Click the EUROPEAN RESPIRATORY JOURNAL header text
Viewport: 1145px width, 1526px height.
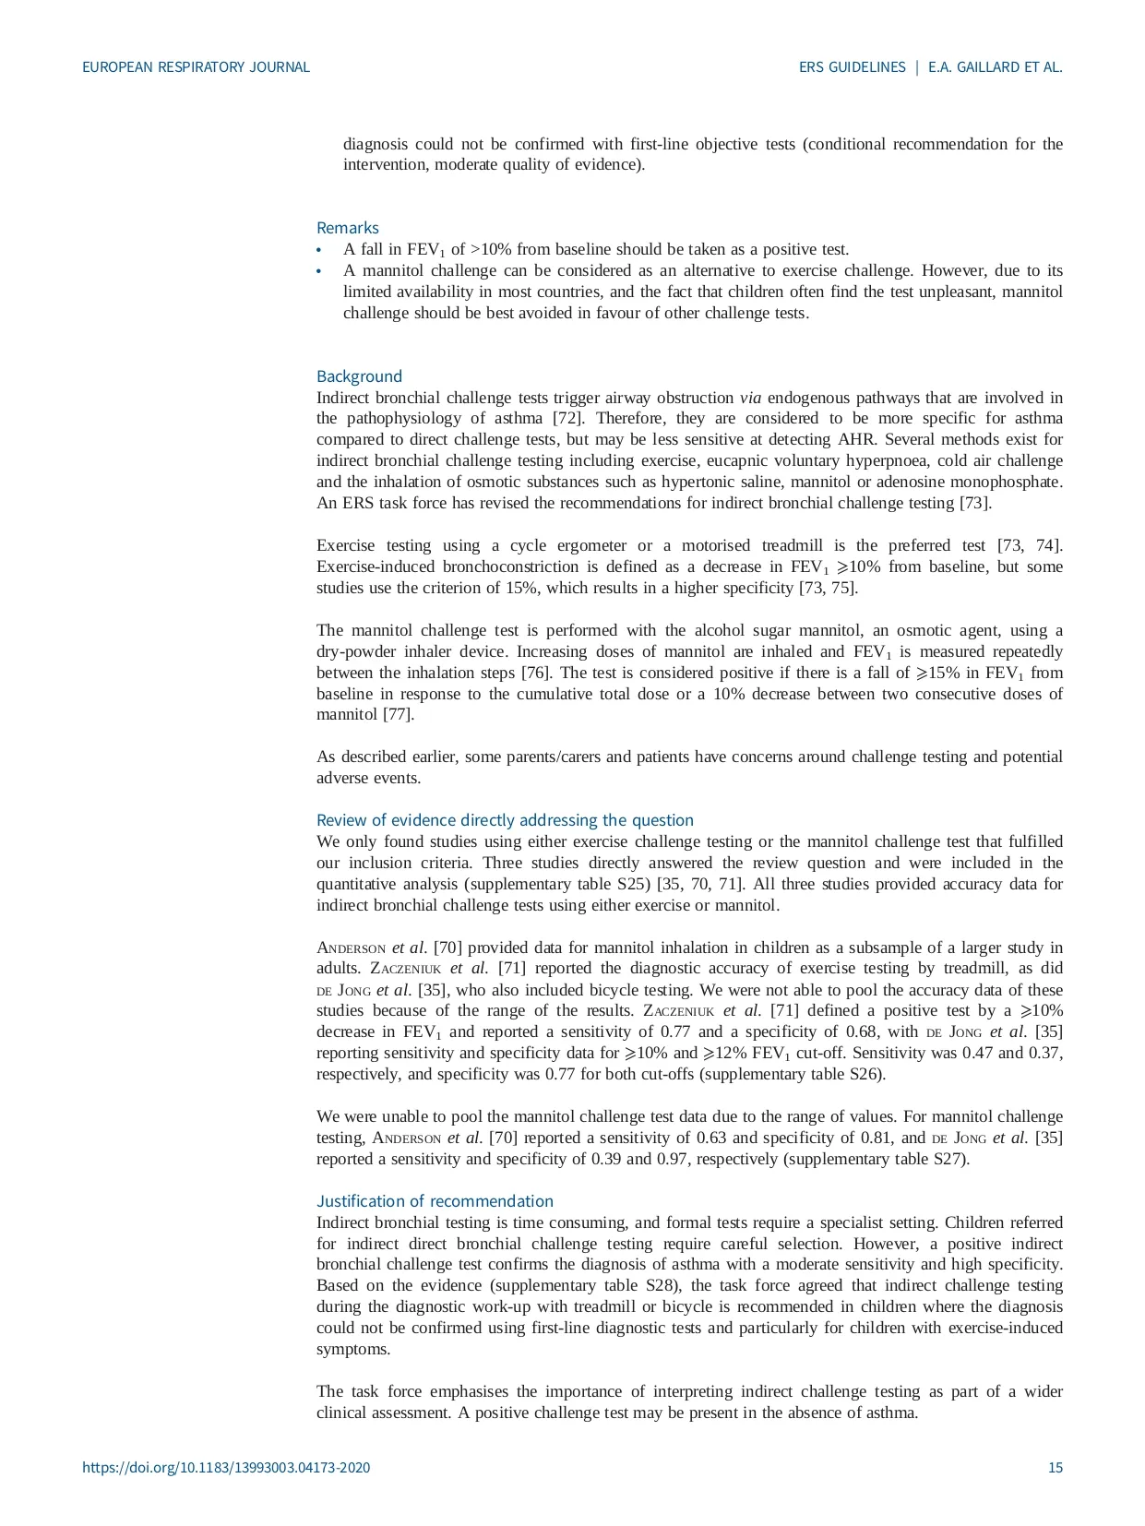coord(196,67)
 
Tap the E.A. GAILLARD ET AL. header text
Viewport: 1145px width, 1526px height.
coord(996,67)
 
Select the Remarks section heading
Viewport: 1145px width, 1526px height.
coord(347,228)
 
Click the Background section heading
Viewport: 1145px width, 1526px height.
coord(359,376)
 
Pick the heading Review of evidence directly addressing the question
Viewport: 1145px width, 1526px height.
coord(505,820)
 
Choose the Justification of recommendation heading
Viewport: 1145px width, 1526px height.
coord(435,1201)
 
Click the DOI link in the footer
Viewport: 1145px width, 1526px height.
coord(226,1468)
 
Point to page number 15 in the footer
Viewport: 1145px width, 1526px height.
coord(1055,1468)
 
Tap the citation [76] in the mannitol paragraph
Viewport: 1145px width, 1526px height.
coord(537,673)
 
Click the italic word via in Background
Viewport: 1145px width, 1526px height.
coord(750,398)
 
